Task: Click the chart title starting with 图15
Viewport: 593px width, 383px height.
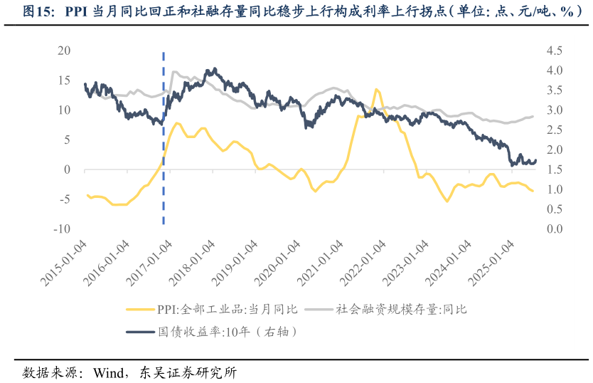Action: [296, 12]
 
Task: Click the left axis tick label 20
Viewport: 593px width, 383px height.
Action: [64, 51]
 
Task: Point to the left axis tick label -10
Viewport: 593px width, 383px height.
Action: [61, 229]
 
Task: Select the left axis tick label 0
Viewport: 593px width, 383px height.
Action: [67, 169]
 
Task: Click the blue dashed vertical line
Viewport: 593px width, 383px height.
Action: [164, 142]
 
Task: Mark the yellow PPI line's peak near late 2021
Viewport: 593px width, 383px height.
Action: [377, 90]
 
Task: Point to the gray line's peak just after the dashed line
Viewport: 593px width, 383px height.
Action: [175, 72]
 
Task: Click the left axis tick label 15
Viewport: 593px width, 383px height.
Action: [64, 80]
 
